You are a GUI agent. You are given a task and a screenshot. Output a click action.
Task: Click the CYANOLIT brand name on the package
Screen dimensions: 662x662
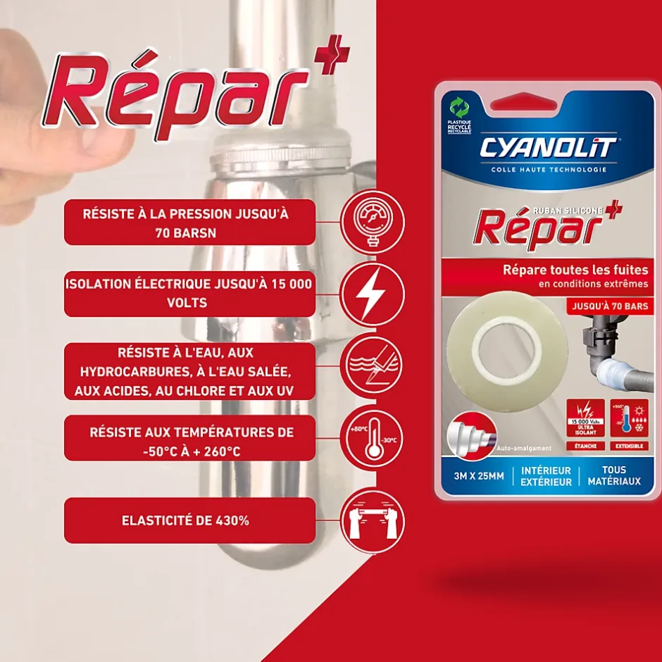coord(548,148)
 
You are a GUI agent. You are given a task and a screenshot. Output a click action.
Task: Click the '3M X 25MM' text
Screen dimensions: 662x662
coord(479,476)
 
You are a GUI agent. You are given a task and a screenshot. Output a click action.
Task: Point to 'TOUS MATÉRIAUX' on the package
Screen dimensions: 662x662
coord(613,475)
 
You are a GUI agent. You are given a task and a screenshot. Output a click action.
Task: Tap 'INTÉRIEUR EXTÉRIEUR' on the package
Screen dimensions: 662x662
coord(546,476)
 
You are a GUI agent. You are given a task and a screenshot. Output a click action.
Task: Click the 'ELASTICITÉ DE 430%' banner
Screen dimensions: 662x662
coord(189,521)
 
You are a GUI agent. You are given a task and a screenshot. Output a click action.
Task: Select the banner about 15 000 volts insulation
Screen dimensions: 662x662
coord(189,293)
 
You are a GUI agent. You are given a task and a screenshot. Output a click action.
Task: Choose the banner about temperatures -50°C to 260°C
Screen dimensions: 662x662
coord(189,442)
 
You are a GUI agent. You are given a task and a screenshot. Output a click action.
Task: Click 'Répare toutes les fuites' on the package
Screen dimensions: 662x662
coord(575,270)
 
